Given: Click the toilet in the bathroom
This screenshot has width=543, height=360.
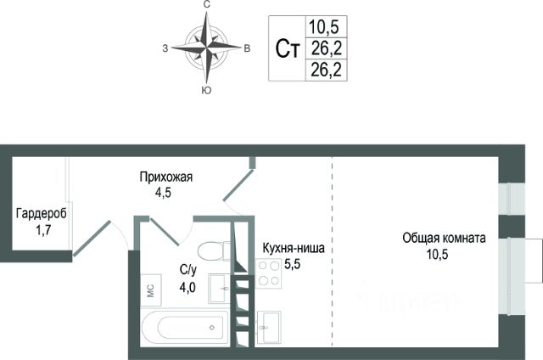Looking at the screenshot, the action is coord(210,251).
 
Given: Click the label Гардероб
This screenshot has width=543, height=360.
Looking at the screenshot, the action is coord(41,213).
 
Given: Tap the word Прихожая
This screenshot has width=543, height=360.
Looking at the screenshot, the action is coord(167,177).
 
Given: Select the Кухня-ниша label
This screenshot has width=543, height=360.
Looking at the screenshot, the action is coord(294,250).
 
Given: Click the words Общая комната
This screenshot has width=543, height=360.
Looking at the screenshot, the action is coord(444,239).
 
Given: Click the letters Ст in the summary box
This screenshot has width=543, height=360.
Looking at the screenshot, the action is coord(288,48).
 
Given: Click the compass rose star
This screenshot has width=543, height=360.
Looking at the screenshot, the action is coord(206,48).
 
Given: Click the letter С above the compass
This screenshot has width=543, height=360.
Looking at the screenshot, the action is coord(206,6).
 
